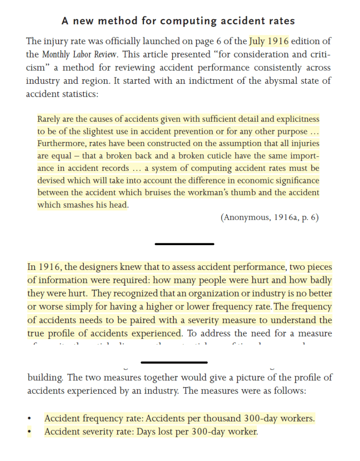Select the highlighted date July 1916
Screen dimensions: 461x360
[269, 41]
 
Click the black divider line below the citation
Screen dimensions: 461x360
[184, 244]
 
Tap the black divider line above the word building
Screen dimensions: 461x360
[174, 362]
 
